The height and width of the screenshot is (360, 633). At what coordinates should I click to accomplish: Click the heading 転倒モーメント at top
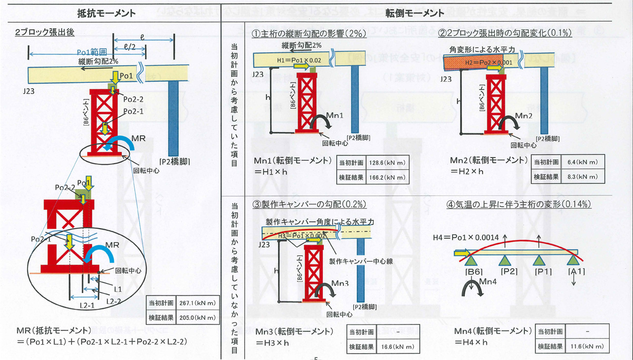point(415,12)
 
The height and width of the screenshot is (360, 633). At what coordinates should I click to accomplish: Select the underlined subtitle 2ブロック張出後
point(45,32)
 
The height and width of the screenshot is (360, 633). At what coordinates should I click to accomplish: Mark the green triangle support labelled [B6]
point(472,259)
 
